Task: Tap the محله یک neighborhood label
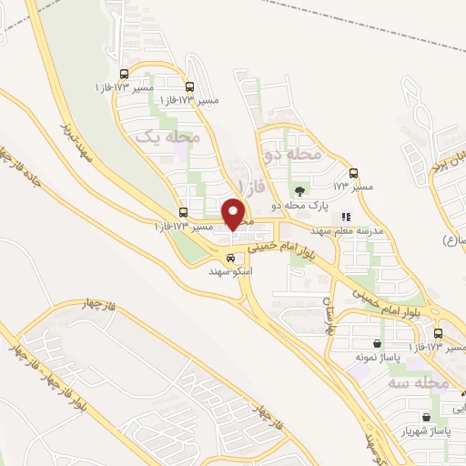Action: coord(167,137)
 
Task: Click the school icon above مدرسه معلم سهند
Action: coord(346,217)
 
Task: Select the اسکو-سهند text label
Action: coord(230,272)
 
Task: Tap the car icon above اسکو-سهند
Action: coord(230,258)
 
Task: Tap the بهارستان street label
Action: coord(329,316)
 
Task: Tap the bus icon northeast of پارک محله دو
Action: coord(354,173)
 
